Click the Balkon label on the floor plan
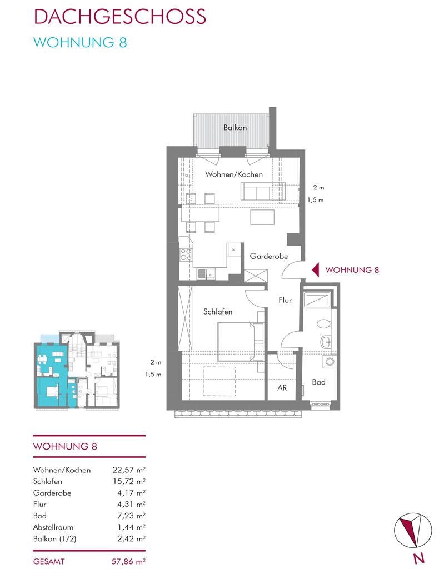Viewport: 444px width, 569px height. coord(235,128)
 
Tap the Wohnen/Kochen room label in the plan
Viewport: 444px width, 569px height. coord(234,174)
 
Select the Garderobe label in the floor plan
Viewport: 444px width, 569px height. coord(268,256)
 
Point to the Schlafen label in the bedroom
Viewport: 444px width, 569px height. coord(217,311)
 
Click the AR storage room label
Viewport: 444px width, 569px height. coord(282,387)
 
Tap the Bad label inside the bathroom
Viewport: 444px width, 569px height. coord(318,382)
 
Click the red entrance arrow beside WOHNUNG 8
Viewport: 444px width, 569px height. coord(316,270)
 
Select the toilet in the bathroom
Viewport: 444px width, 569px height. coord(324,323)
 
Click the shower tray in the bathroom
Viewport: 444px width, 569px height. coord(317,300)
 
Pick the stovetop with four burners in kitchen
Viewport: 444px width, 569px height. coord(186,254)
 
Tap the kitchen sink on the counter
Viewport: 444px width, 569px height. coord(206,273)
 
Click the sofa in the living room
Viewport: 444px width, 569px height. coord(262,191)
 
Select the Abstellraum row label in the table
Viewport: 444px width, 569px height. coord(53,527)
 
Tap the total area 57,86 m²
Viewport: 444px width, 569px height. coord(128,561)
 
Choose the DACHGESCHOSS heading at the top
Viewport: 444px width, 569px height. coord(120,16)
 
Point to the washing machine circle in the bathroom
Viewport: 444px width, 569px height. coord(330,362)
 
